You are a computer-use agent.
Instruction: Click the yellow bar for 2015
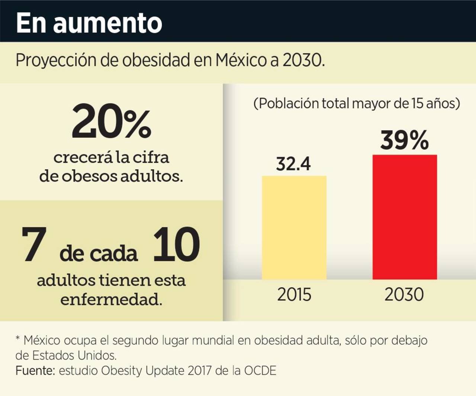[x=294, y=227]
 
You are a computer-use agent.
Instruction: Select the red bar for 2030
[x=405, y=217]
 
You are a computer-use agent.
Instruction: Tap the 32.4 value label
[x=293, y=164]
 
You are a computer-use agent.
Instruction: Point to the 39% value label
[x=404, y=140]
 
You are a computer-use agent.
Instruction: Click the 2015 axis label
[x=294, y=294]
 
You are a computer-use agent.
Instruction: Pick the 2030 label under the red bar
[x=404, y=294]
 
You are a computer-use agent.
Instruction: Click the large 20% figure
[x=111, y=122]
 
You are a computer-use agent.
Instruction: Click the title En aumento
[x=89, y=23]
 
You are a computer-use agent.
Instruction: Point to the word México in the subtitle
[x=241, y=60]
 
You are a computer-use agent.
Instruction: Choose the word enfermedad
[x=111, y=299]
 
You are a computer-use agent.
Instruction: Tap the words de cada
[x=99, y=254]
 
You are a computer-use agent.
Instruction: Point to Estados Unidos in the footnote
[x=74, y=355]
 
